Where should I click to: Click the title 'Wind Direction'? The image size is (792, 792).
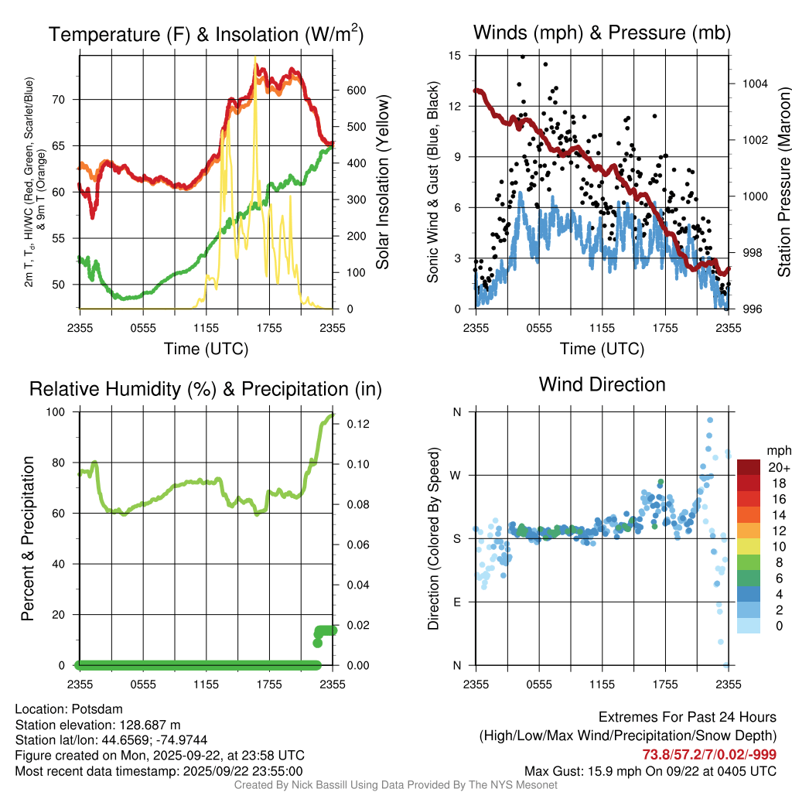(x=602, y=384)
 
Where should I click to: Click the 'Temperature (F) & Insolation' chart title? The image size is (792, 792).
(x=206, y=34)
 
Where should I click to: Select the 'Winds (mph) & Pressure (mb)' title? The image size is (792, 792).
(x=602, y=32)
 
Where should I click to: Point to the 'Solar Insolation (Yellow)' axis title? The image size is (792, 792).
(x=382, y=182)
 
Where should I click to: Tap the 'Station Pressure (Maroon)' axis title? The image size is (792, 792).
(x=783, y=182)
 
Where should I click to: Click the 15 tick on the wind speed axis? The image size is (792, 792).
(x=456, y=56)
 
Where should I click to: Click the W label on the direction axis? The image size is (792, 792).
(x=456, y=475)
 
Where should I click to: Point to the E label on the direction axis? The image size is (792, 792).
(x=456, y=602)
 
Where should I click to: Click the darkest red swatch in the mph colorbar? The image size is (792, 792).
(x=749, y=467)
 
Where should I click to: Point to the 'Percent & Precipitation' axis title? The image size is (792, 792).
(x=28, y=538)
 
